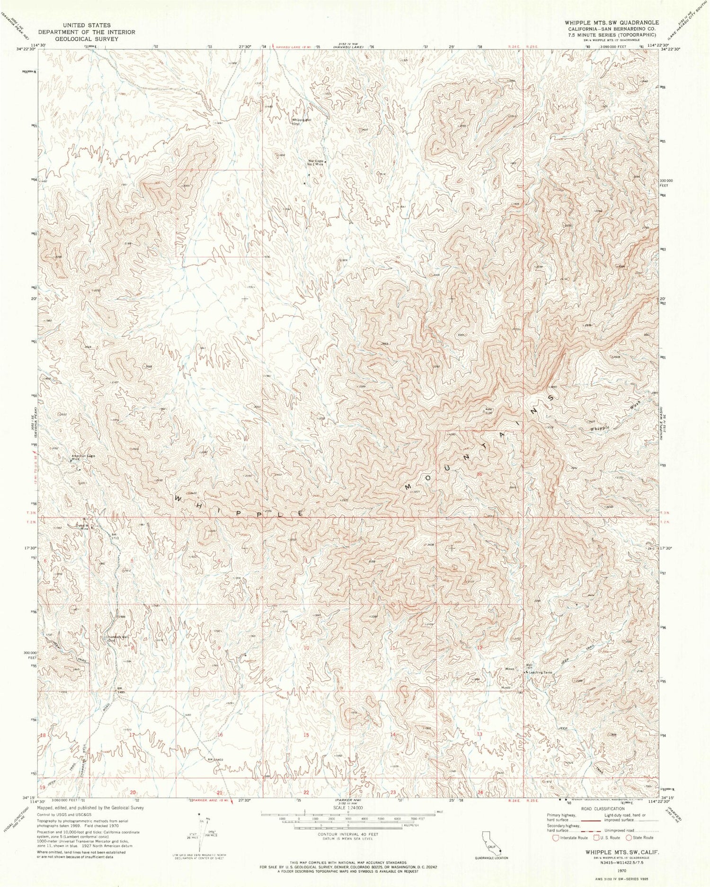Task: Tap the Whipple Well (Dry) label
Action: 301,121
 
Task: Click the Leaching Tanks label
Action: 540,672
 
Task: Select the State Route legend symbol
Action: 629,837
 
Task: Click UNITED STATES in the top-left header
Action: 89,25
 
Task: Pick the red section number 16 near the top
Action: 219,214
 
